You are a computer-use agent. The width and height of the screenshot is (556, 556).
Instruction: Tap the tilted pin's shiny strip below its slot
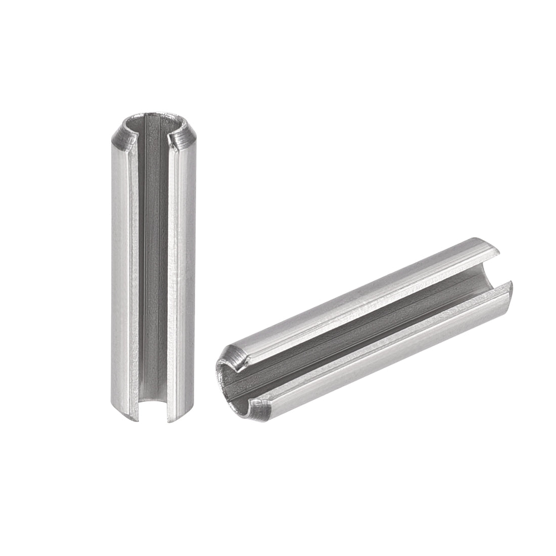384,349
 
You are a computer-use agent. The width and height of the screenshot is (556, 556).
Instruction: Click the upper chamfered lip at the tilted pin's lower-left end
238,352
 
